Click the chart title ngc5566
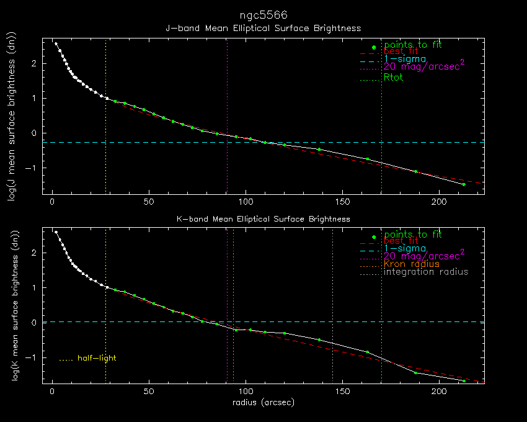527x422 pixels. [x=263, y=14]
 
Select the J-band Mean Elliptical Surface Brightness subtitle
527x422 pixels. [x=263, y=29]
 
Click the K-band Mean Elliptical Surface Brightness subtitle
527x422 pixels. [x=263, y=219]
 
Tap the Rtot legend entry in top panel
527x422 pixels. [x=394, y=78]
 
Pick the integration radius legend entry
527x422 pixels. [x=426, y=272]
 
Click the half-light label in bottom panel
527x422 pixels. [x=96, y=358]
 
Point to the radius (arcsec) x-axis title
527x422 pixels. [x=263, y=402]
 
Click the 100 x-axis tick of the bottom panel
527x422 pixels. [x=246, y=392]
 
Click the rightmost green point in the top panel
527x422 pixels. [x=463, y=184]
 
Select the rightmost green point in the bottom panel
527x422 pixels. [x=463, y=380]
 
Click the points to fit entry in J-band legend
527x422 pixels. [x=413, y=45]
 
